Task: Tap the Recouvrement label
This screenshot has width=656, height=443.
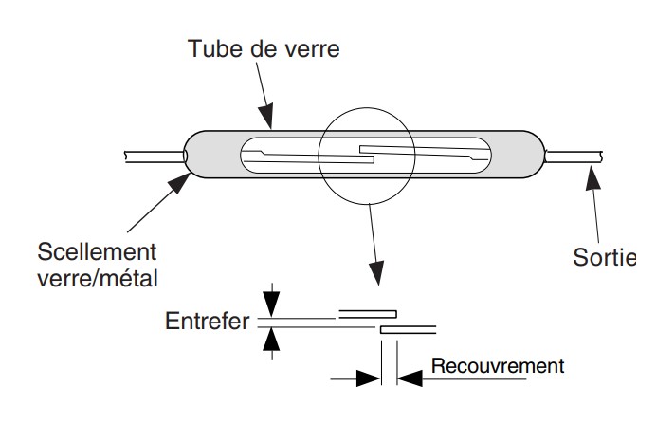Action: click(497, 365)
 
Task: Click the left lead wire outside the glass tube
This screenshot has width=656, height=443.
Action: click(152, 155)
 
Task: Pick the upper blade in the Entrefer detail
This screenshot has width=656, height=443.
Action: click(368, 312)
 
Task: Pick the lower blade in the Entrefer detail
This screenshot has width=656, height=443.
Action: click(408, 329)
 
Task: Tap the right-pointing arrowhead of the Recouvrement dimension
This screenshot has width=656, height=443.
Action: click(368, 378)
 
